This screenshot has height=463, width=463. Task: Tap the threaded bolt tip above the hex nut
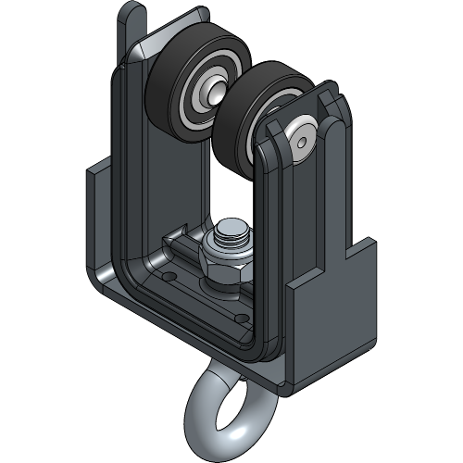[231, 233]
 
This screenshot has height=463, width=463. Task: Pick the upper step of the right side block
[361, 248]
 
